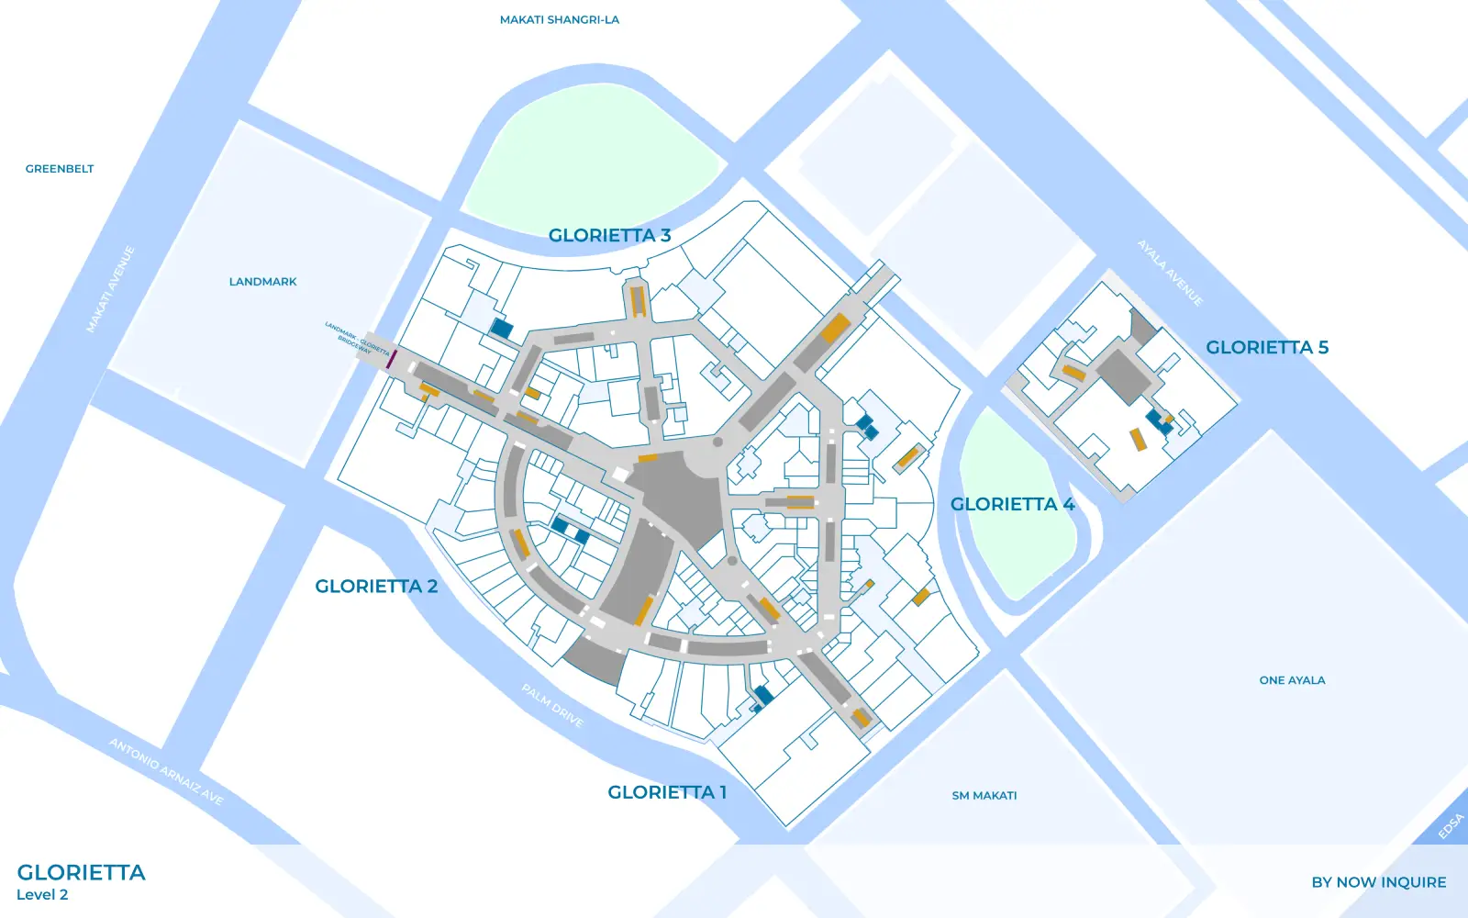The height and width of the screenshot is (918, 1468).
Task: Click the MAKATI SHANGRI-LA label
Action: tap(559, 19)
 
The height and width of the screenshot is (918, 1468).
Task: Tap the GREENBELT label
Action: tap(60, 169)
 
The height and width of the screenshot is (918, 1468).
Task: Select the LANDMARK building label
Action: tap(262, 282)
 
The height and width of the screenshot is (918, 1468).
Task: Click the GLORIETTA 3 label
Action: tap(609, 235)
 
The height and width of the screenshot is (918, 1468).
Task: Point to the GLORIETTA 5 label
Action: tap(1266, 347)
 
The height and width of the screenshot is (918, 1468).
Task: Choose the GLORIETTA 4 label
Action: tap(1011, 504)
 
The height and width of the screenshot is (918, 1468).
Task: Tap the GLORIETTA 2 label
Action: tap(376, 586)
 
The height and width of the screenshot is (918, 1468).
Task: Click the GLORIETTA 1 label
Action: tap(667, 792)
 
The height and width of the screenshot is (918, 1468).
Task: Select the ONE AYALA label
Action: tap(1292, 680)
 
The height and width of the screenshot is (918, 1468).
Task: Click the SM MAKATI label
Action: tap(984, 796)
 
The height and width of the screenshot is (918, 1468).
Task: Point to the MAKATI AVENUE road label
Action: tap(110, 289)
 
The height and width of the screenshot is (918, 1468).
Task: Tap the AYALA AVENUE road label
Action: tap(1170, 273)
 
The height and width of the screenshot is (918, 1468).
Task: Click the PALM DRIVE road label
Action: tap(552, 705)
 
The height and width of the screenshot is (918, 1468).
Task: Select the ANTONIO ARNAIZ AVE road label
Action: tap(166, 771)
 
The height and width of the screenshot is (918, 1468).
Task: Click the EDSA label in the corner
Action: tap(1451, 826)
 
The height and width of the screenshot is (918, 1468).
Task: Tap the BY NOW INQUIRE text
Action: tap(1378, 882)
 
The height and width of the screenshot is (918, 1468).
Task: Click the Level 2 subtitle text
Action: tap(42, 895)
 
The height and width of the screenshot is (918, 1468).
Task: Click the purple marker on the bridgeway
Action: tap(390, 358)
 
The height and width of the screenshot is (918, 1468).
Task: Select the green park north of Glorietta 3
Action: tap(592, 156)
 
